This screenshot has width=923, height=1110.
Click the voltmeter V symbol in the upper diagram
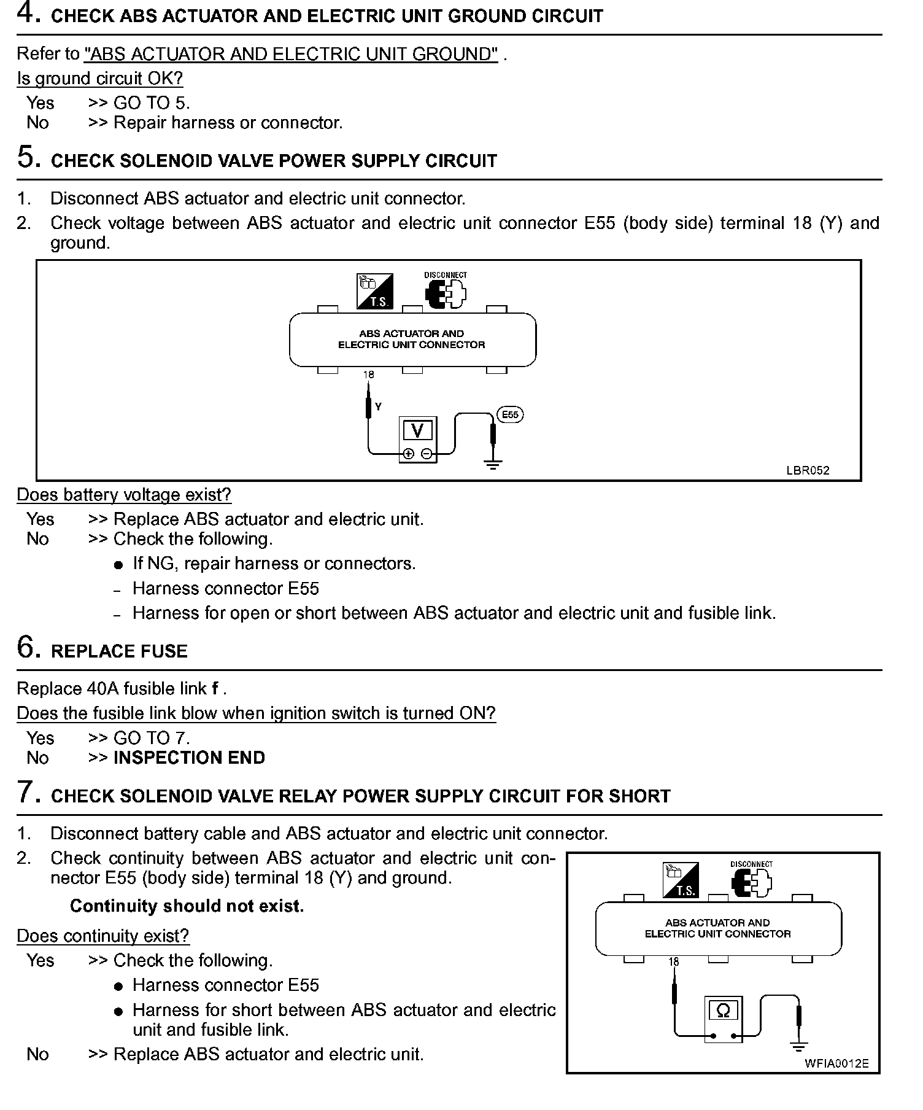coord(417,431)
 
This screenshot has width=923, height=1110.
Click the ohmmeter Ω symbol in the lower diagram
coord(723,1011)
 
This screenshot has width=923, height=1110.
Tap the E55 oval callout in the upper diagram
coord(510,415)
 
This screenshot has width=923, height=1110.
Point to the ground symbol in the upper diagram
coord(493,464)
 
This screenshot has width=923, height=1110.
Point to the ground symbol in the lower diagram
coord(798,1047)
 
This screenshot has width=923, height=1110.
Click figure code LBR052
coord(808,470)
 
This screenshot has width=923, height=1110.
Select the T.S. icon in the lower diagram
coord(681,880)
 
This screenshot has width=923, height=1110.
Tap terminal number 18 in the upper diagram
coord(368,375)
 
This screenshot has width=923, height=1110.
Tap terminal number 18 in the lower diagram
coord(674,962)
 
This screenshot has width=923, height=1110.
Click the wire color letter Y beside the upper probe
coord(378,406)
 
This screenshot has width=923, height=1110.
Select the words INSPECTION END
coord(189,758)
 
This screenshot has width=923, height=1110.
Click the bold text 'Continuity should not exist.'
coord(187,906)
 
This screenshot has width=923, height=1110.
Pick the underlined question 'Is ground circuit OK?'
coord(99,79)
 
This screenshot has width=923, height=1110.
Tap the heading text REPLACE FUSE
coord(119,651)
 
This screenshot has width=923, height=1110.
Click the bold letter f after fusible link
coord(215,689)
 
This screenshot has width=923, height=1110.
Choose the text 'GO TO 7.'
coord(152,738)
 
